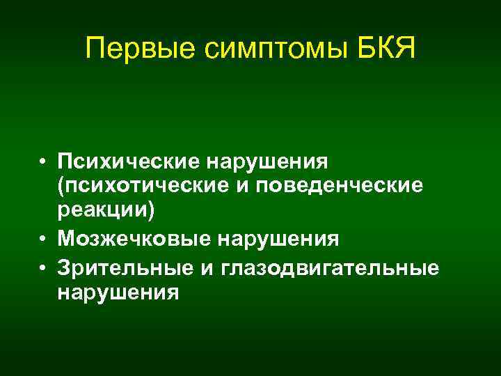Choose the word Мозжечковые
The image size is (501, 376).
[x=135, y=240]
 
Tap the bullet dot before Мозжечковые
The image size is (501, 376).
[x=43, y=240]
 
